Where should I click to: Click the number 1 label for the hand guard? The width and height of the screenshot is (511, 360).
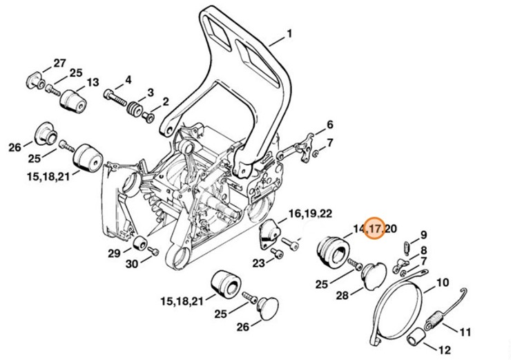click(x=289, y=32)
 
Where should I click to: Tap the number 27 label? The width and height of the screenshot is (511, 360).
click(x=60, y=64)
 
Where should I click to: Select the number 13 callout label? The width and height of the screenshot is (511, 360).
click(x=92, y=82)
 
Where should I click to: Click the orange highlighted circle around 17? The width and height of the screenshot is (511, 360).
click(x=374, y=227)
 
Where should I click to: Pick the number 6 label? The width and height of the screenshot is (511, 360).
click(x=330, y=125)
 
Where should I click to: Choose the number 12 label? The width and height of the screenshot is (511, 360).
click(x=443, y=349)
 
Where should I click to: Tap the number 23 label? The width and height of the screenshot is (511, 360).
click(x=259, y=263)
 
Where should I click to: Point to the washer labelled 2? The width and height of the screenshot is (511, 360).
click(x=148, y=115)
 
